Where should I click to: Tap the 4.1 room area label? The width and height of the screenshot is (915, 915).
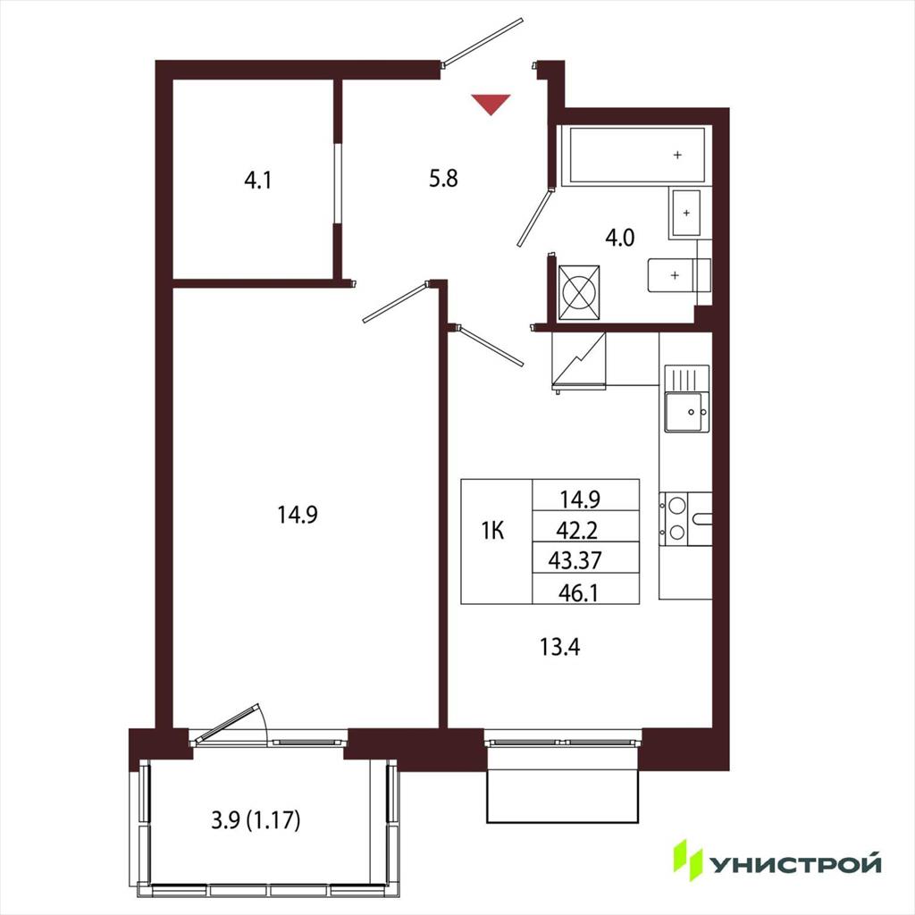pyautogui.click(x=257, y=180)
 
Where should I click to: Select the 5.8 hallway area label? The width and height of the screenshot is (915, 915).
pyautogui.click(x=443, y=178)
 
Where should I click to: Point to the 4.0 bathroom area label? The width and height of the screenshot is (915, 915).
pyautogui.click(x=620, y=238)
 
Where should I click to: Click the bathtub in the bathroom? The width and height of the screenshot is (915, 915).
pyautogui.click(x=636, y=155)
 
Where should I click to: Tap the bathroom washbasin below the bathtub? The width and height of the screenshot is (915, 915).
pyautogui.click(x=685, y=213)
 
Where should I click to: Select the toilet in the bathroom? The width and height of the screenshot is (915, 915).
pyautogui.click(x=679, y=275)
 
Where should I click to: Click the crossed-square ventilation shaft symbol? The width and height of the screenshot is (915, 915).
pyautogui.click(x=579, y=293)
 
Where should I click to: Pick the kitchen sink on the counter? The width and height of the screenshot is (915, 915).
pyautogui.click(x=687, y=399)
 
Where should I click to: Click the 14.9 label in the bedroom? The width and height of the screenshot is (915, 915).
pyautogui.click(x=298, y=515)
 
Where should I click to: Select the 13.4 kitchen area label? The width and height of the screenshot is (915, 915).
pyautogui.click(x=559, y=647)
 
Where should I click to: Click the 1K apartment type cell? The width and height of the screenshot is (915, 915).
pyautogui.click(x=493, y=531)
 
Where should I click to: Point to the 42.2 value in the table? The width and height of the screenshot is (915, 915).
pyautogui.click(x=576, y=530)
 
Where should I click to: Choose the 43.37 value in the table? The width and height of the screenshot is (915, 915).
pyautogui.click(x=575, y=560)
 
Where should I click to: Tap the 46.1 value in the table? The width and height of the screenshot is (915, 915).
pyautogui.click(x=578, y=593)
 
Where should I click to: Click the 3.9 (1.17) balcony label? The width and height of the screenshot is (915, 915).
pyautogui.click(x=256, y=820)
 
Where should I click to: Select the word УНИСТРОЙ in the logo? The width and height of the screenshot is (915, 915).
pyautogui.click(x=794, y=864)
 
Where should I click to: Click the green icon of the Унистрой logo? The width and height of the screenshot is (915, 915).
pyautogui.click(x=688, y=860)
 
